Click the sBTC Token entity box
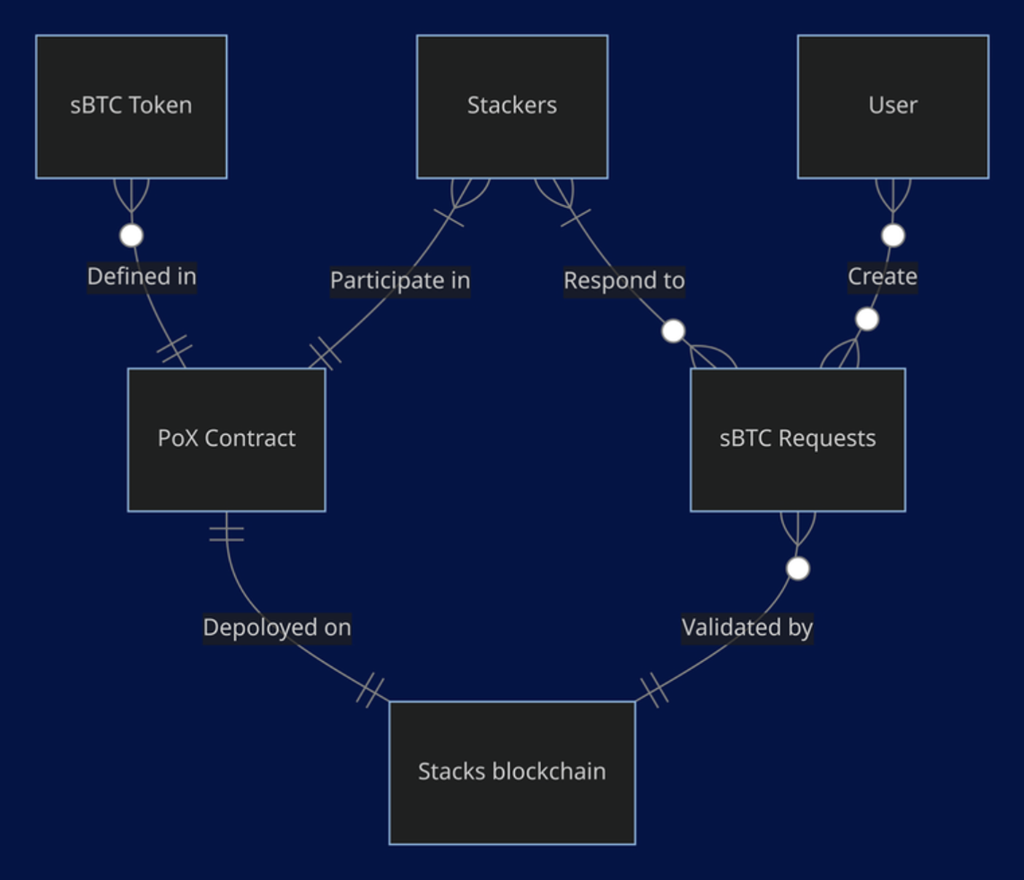pyautogui.click(x=131, y=107)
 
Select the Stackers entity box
pyautogui.click(x=512, y=107)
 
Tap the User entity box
pyautogui.click(x=893, y=107)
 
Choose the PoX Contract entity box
pyautogui.click(x=226, y=439)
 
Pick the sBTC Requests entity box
pyautogui.click(x=797, y=439)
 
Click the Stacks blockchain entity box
pyautogui.click(x=512, y=773)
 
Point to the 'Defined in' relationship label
pyautogui.click(x=141, y=277)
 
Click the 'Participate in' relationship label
pyautogui.click(x=400, y=281)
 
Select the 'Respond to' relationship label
pyautogui.click(x=624, y=281)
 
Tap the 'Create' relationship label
pyautogui.click(x=882, y=277)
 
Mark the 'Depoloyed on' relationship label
pyautogui.click(x=277, y=628)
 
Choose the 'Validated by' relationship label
pyautogui.click(x=747, y=628)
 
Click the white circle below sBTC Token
pyautogui.click(x=131, y=236)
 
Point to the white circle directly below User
pyautogui.click(x=893, y=236)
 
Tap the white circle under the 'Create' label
pyautogui.click(x=866, y=320)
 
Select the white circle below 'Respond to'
pyautogui.click(x=673, y=331)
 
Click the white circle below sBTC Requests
pyautogui.click(x=798, y=568)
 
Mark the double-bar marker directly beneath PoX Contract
pyautogui.click(x=226, y=534)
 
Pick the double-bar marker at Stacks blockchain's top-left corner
pyautogui.click(x=371, y=690)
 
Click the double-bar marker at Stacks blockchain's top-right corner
pyautogui.click(x=654, y=690)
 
